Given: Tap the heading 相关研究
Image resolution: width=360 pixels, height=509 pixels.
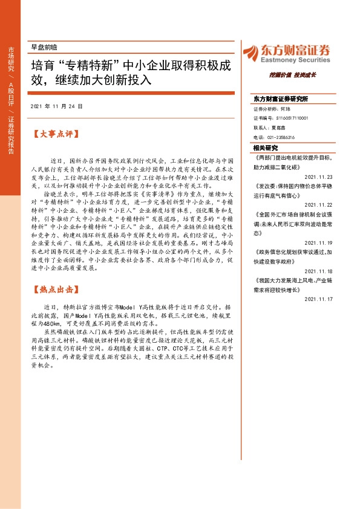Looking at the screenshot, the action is pos(266,148).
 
